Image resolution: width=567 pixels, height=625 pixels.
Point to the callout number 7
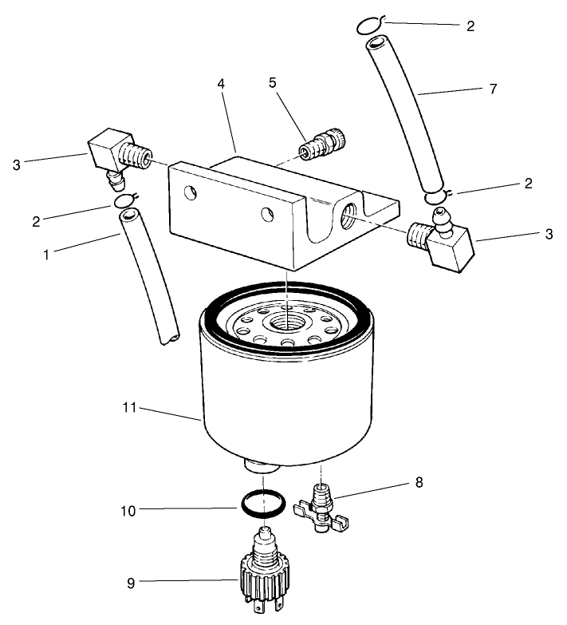[x=492, y=89]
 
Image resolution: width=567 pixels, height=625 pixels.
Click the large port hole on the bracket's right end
[x=348, y=214]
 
